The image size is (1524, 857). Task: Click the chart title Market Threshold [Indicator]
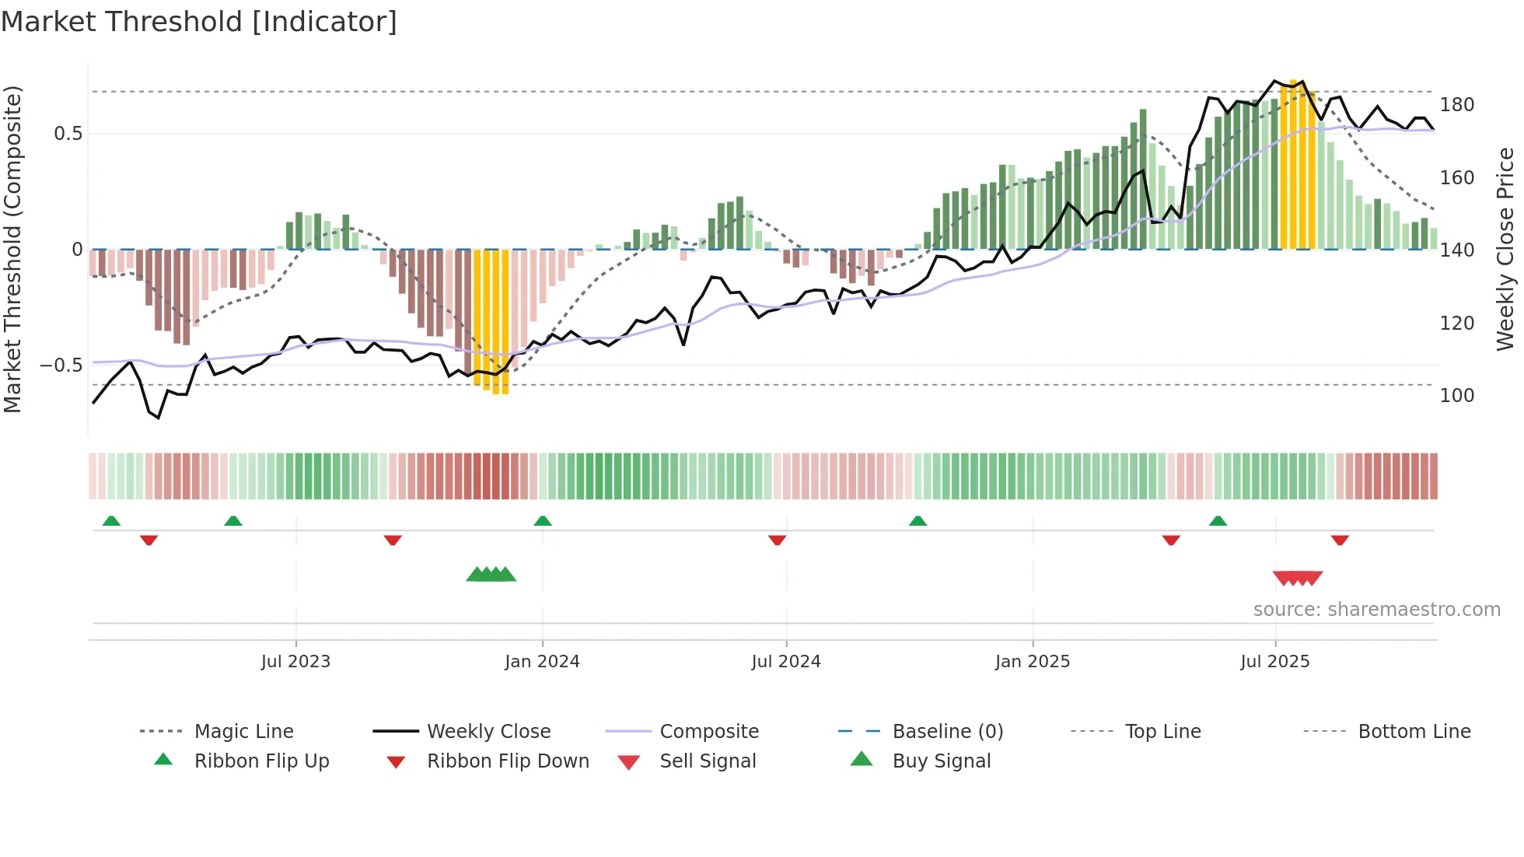199,22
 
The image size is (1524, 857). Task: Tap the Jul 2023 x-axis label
295,662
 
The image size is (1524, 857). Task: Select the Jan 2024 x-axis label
542,662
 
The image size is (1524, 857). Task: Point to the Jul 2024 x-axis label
785,662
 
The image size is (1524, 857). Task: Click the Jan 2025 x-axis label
1032,662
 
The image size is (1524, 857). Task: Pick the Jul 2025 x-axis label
1274,662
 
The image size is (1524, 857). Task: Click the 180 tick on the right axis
1456,105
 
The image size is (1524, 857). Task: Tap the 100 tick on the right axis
1456,396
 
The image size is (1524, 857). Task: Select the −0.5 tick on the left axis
61,366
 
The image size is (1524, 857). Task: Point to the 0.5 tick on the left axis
68,134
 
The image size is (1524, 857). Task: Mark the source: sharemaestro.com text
1376,610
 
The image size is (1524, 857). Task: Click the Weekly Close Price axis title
1505,249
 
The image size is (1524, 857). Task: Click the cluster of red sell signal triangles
1297,578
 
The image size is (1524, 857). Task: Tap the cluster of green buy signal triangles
491,575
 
